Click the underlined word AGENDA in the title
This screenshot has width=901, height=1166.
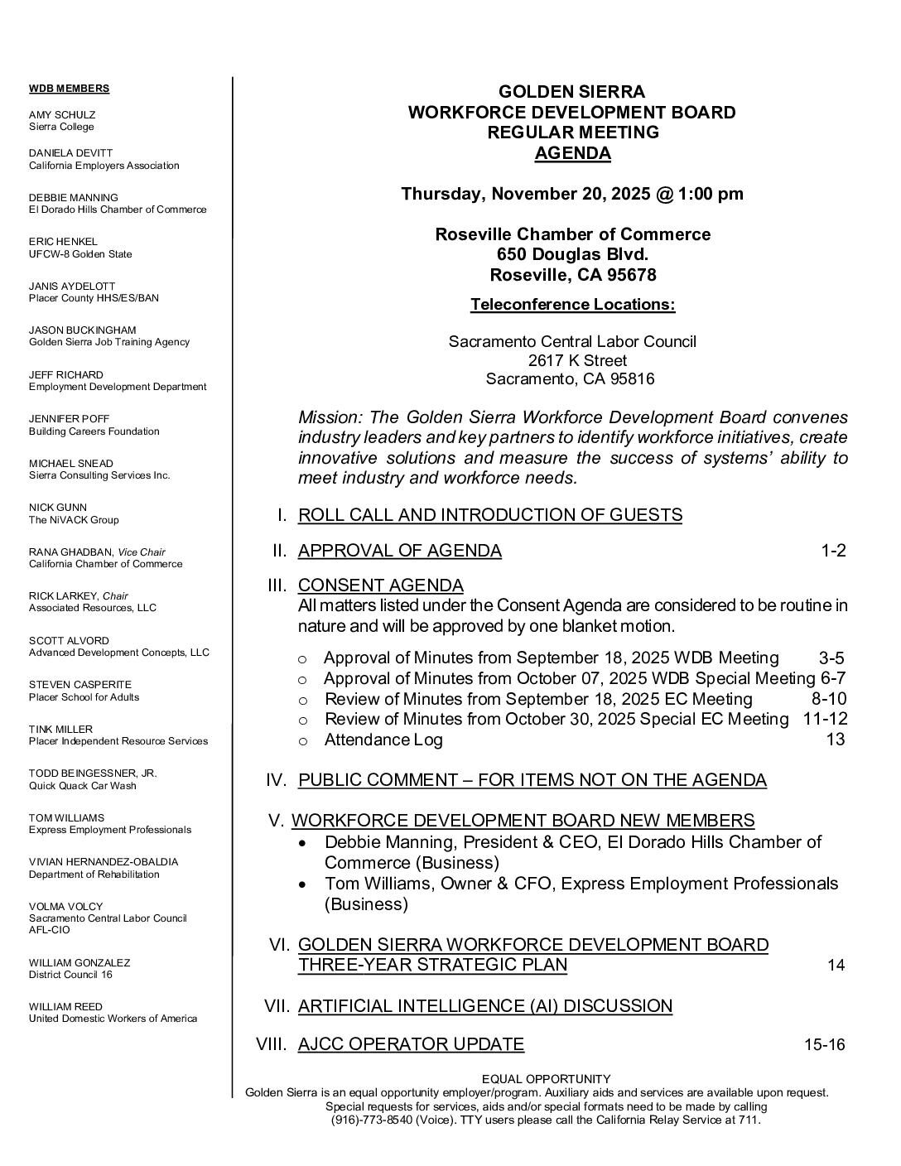pos(572,153)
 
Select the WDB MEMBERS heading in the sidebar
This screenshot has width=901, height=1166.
pos(69,89)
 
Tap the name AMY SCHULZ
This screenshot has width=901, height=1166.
pos(62,114)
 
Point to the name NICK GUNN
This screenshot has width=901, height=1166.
pos(57,507)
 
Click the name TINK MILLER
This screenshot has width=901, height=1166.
pos(60,729)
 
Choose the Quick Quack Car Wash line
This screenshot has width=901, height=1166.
pos(82,785)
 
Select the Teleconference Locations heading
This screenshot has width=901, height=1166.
pos(572,304)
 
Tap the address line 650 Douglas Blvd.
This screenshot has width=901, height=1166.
pos(572,254)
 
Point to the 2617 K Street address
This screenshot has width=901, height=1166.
pos(577,360)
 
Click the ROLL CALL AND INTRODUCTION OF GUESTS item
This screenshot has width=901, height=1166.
pos(489,515)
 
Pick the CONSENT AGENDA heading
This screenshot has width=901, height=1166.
pos(380,585)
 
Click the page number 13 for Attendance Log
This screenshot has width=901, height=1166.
pos(835,740)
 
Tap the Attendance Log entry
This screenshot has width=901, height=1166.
pos(383,740)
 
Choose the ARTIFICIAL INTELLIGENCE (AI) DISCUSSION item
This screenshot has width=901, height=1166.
pos(484,1006)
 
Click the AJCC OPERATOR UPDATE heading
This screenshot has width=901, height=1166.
pos(411,1044)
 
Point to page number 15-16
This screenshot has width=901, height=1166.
pos(824,1044)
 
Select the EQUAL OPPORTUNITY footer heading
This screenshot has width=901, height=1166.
pos(546,1079)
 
